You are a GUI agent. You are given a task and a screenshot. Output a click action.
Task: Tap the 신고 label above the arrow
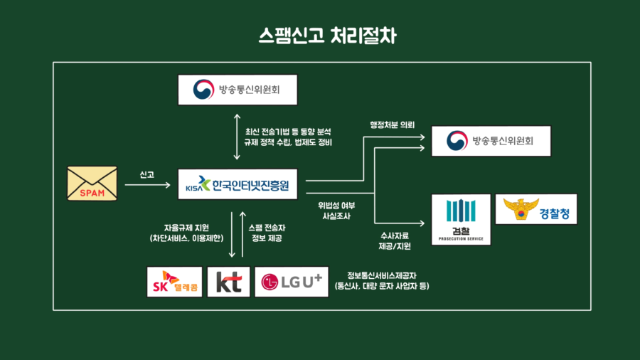pos(148,174)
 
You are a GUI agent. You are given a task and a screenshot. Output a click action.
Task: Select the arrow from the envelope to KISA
pos(148,186)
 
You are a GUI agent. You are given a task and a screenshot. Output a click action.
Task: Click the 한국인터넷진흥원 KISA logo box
pos(238,185)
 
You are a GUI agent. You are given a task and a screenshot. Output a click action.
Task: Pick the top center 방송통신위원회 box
pos(238,90)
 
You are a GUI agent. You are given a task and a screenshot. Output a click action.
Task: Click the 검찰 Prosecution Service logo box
pos(461,219)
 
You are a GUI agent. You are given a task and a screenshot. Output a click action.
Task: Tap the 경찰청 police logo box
pos(536,209)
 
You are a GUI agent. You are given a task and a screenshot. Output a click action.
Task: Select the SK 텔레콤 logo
pos(174,282)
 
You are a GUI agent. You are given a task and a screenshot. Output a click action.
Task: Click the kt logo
pos(228,282)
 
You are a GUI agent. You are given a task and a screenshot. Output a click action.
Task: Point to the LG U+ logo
pos(292,282)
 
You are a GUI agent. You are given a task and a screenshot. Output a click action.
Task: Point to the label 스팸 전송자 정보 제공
pos(267,232)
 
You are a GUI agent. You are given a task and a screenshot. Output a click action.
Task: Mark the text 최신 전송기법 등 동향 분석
pos(288,132)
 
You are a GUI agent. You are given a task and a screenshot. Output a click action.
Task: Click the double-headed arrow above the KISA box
pos(238,136)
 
